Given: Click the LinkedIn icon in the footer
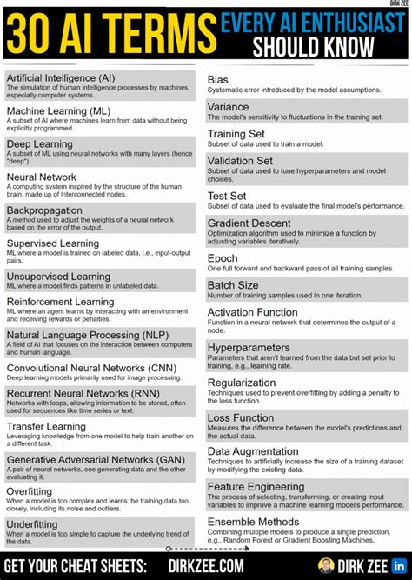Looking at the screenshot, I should (400, 566).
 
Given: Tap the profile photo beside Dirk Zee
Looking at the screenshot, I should (327, 566).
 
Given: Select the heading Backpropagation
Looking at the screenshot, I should (46, 210).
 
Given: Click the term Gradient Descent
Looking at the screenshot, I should (249, 223).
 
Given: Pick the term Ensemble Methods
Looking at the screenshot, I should (253, 522).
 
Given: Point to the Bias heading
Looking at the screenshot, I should (218, 79).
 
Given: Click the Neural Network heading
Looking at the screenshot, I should (42, 177).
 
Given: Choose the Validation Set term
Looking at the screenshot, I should (240, 161).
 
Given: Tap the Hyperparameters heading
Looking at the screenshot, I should (248, 347).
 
